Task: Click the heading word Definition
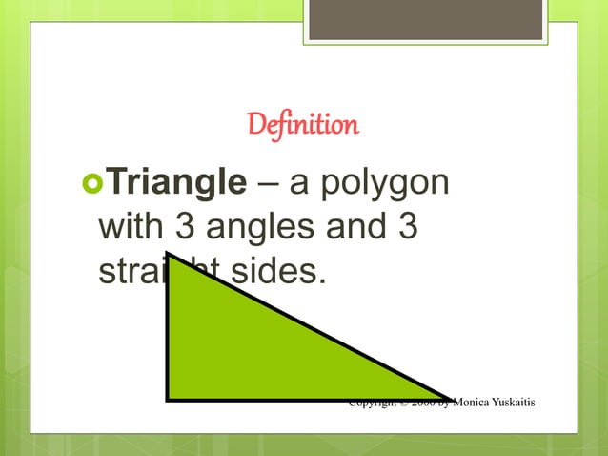pyautogui.click(x=303, y=125)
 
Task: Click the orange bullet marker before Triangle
pyautogui.click(x=91, y=181)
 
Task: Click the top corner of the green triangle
pyautogui.click(x=168, y=255)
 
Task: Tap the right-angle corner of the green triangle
pyautogui.click(x=169, y=398)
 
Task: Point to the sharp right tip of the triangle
pyautogui.click(x=448, y=398)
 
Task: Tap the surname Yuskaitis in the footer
pyautogui.click(x=515, y=404)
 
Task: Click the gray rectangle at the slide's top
pyautogui.click(x=425, y=18)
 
